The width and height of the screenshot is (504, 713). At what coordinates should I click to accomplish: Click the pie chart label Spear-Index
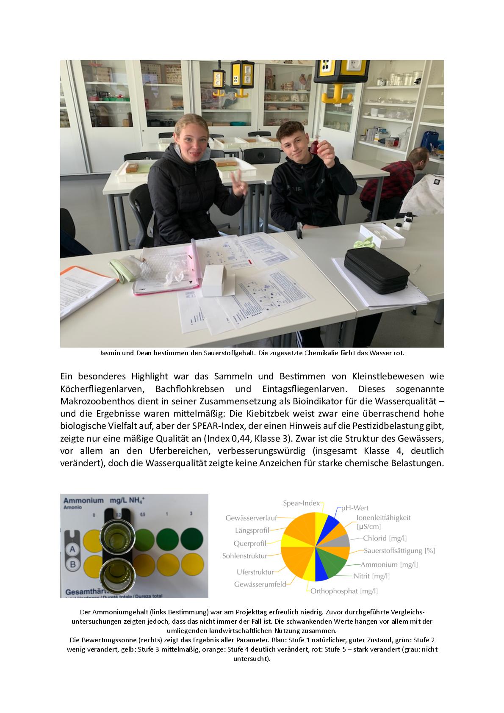[301, 503]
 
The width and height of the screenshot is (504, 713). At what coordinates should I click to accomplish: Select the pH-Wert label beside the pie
[354, 508]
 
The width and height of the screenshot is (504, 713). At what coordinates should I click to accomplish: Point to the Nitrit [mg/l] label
[371, 576]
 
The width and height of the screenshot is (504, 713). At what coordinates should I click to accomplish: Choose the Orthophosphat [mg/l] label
[344, 591]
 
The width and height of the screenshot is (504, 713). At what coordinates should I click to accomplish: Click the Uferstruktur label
[255, 572]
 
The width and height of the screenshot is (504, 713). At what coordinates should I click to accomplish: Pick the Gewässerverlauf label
[251, 518]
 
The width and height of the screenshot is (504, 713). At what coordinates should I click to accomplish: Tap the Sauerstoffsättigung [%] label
[399, 551]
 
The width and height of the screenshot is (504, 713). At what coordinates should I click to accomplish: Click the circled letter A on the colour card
[72, 549]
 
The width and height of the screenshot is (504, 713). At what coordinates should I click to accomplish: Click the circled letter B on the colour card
[72, 564]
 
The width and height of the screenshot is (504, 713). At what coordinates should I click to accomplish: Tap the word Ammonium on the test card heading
[83, 500]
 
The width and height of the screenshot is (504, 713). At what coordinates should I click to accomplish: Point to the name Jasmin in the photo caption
[110, 353]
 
